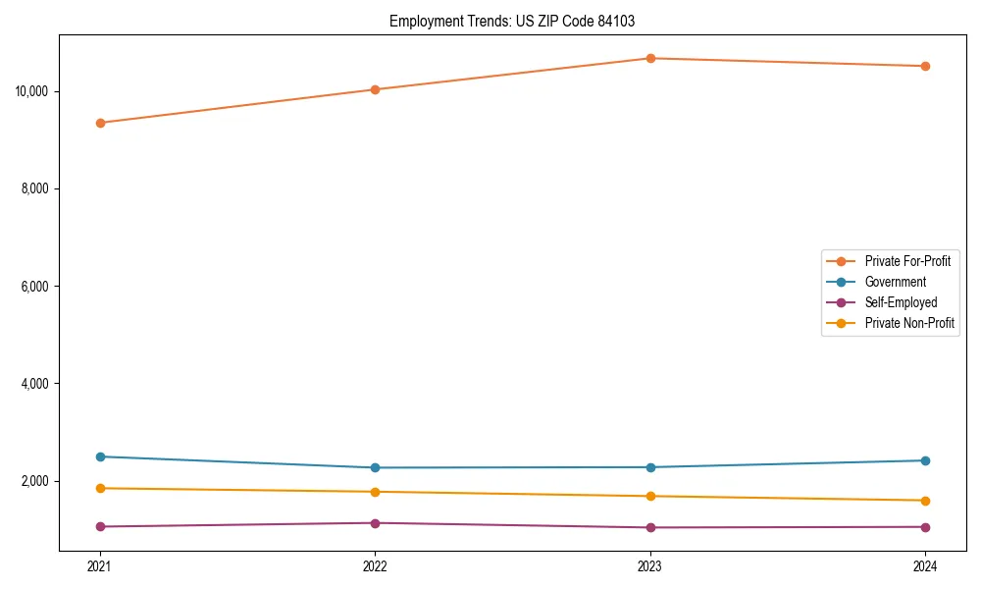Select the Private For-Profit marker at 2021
[x=100, y=123]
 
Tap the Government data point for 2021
[x=100, y=456]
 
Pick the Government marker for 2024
[x=925, y=460]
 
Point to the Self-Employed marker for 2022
[x=375, y=523]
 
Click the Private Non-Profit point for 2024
[x=925, y=501]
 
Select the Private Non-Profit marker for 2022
[x=375, y=492]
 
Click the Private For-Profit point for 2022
[x=375, y=89]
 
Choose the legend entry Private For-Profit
[x=907, y=261]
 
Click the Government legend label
[x=895, y=282]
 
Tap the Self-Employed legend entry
[x=901, y=302]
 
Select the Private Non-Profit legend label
[x=909, y=323]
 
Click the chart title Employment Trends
[x=450, y=21]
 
